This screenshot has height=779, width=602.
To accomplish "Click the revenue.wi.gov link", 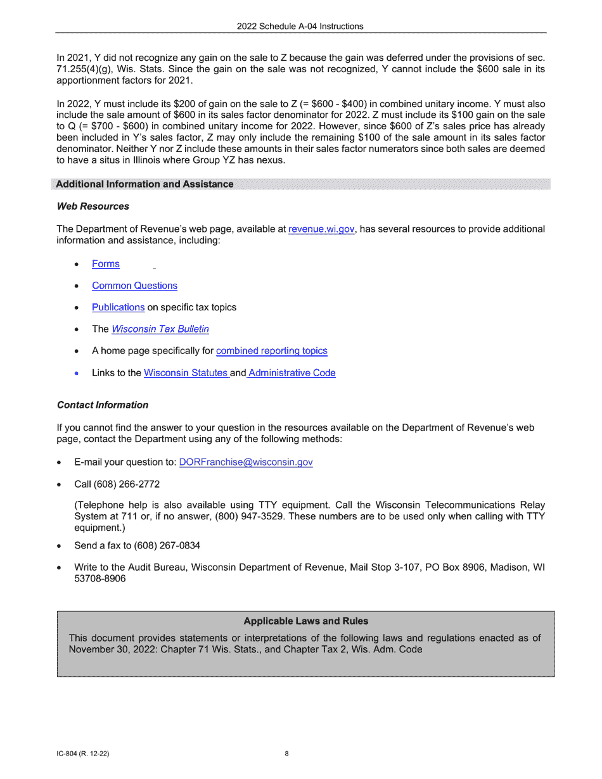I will click(x=321, y=229).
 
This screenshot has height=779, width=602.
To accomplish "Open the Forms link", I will click(x=106, y=264).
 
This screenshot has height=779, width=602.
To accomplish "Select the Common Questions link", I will click(x=134, y=286).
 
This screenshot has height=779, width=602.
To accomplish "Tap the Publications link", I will click(x=118, y=307).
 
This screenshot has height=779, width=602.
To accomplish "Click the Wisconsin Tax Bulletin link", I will click(x=160, y=329).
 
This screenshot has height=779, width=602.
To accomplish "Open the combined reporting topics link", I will click(x=272, y=351).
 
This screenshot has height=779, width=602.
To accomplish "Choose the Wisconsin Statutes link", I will click(x=186, y=373).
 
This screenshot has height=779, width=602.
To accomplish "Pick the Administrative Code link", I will click(x=292, y=373).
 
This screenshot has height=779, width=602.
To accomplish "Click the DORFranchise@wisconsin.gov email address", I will click(x=246, y=462).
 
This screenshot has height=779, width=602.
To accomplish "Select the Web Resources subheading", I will click(x=93, y=206).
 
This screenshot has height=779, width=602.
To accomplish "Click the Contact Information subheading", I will click(x=103, y=405).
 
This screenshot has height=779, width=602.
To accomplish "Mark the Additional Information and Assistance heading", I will click(x=144, y=184).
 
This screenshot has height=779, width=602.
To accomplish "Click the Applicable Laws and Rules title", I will click(x=305, y=621).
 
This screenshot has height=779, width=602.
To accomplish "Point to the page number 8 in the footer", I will click(x=286, y=754).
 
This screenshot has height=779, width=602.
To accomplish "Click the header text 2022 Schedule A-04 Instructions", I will click(x=300, y=27).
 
